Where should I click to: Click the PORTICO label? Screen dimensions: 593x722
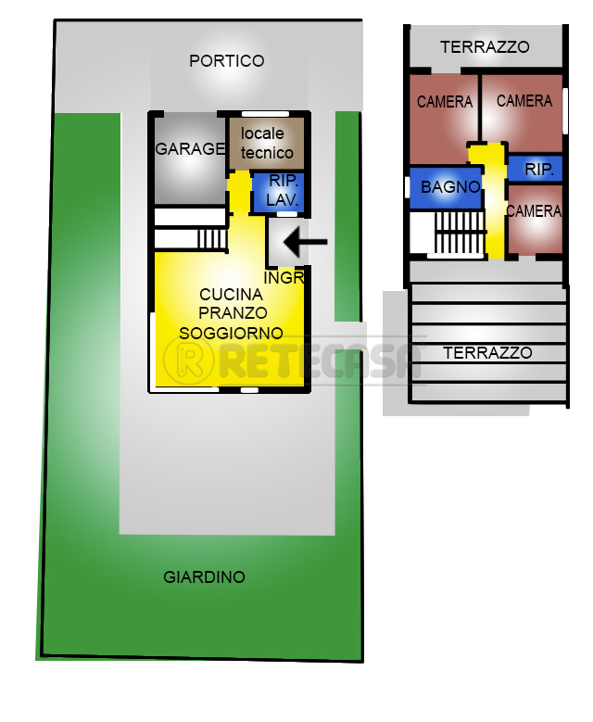pyautogui.click(x=226, y=61)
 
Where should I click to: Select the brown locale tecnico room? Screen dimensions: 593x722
pyautogui.click(x=267, y=144)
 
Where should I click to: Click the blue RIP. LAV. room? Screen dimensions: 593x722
pyautogui.click(x=279, y=193)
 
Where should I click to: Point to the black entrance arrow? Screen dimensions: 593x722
pyautogui.click(x=305, y=242)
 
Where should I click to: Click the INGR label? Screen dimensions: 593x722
pyautogui.click(x=284, y=278)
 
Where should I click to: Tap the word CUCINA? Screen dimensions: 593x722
pyautogui.click(x=231, y=294)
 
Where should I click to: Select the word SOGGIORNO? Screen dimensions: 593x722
pyautogui.click(x=231, y=333)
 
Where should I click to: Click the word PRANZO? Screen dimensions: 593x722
pyautogui.click(x=233, y=313)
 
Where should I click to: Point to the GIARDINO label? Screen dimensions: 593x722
pyautogui.click(x=205, y=577)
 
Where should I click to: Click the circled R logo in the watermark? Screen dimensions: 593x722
pyautogui.click(x=189, y=360)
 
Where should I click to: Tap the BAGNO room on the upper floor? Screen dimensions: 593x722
pyautogui.click(x=445, y=188)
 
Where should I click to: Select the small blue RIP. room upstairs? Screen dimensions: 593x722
pyautogui.click(x=535, y=169)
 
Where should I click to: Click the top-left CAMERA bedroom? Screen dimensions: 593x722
pyautogui.click(x=444, y=119)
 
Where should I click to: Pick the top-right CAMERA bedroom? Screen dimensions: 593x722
pyautogui.click(x=522, y=113)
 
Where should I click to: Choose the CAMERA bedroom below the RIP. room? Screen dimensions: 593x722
pyautogui.click(x=535, y=219)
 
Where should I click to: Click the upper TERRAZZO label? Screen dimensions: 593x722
pyautogui.click(x=485, y=47)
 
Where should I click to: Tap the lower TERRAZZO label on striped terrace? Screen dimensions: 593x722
pyautogui.click(x=488, y=353)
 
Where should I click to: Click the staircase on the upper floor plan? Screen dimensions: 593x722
pyautogui.click(x=460, y=232)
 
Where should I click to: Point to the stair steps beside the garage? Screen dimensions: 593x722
pyautogui.click(x=213, y=239)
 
